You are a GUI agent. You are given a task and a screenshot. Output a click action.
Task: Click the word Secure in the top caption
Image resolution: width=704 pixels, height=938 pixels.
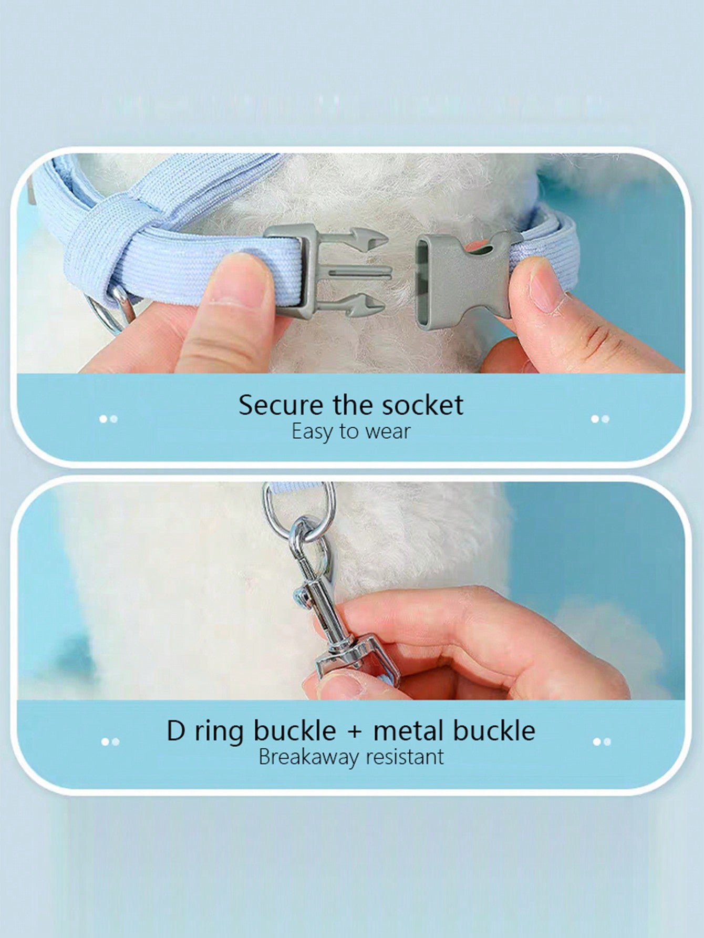click(x=281, y=405)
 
